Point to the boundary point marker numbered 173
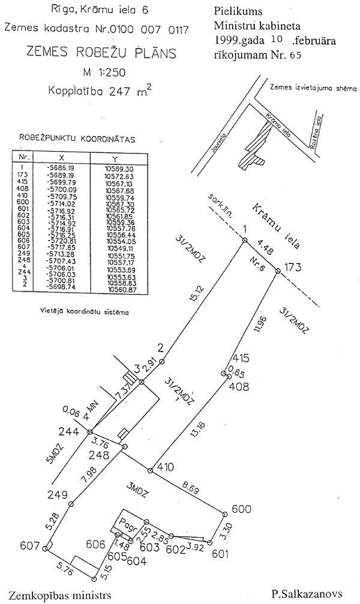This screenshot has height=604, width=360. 278,272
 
